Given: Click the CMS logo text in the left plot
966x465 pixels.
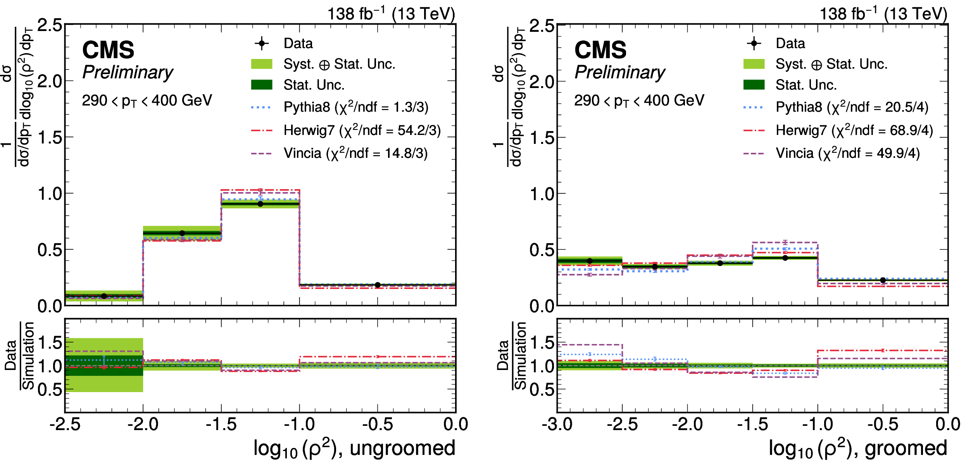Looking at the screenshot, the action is point(108,50).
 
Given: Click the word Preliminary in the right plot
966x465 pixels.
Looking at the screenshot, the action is point(620,73).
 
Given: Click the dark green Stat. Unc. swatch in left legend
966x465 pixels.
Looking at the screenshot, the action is point(262,85).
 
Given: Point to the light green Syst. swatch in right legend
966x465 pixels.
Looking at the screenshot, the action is point(754,64).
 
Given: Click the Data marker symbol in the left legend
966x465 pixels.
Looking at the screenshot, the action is point(262,43).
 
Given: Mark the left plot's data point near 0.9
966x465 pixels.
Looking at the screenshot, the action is point(260,204).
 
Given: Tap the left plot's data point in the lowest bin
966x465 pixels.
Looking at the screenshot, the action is point(104,296).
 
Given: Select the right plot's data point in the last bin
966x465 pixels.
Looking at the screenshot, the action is point(883,280).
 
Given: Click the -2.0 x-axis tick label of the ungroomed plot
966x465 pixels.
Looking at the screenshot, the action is point(143,424).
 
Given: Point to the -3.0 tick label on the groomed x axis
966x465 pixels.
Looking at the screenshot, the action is point(557,424).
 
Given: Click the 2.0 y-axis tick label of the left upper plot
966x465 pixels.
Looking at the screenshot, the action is point(50,81).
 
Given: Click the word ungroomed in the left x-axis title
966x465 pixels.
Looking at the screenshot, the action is point(402,448).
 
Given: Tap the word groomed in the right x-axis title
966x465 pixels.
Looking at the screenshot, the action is point(906,448).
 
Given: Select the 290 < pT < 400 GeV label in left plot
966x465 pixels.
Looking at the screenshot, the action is point(147,101).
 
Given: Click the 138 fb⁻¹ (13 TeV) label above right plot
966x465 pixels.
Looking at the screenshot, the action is point(883,13).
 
